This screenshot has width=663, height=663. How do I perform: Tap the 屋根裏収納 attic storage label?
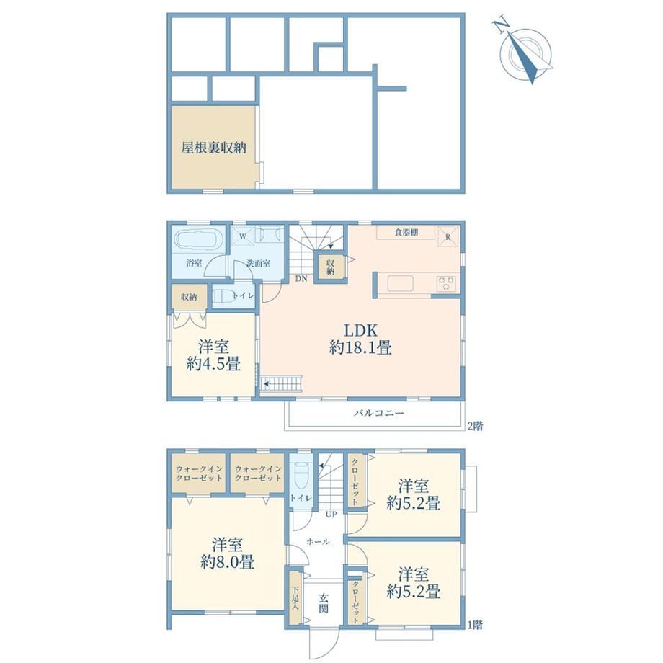tap(213, 148)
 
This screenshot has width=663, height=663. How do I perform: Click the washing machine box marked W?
tap(243, 236)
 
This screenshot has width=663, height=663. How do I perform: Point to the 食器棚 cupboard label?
tap(406, 232)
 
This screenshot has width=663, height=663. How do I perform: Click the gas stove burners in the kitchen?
tap(447, 283)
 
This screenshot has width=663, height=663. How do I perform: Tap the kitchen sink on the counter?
tap(401, 283)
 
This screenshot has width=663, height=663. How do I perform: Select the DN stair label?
tap(301, 279)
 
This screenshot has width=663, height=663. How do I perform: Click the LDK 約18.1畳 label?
tap(360, 339)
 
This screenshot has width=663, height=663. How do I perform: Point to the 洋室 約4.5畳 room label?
tap(213, 355)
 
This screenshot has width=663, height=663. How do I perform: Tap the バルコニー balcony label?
tap(379, 413)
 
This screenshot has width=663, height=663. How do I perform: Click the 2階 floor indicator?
tap(475, 426)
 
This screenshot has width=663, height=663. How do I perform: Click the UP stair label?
tap(331, 515)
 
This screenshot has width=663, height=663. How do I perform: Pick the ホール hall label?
tap(318, 542)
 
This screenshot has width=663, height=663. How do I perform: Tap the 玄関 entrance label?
tap(324, 603)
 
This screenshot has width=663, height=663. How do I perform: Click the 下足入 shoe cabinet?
tap(295, 599)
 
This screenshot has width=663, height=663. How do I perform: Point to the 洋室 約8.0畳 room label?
tap(228, 553)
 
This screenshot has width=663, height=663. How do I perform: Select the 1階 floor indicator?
tap(475, 625)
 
